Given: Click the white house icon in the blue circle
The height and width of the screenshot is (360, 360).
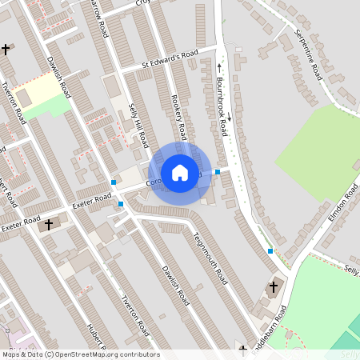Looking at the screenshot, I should click(x=180, y=172).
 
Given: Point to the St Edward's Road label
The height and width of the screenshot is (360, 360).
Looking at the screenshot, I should click(x=170, y=58).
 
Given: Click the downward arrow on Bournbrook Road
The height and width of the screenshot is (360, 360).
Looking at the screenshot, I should click(x=229, y=118).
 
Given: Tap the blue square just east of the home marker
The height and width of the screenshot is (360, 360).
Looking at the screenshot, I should click(x=218, y=172).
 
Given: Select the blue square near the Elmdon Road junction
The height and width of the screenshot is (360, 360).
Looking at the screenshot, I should click(x=270, y=250).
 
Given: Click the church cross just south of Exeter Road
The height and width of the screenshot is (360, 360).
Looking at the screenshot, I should click(x=47, y=225).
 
